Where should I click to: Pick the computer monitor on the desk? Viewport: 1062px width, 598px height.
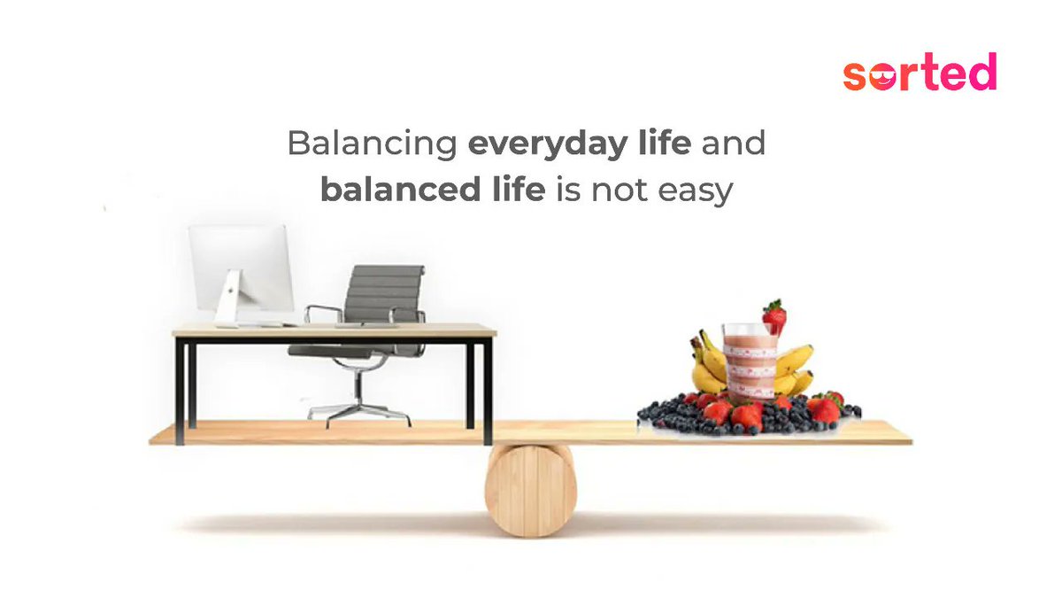tap(241, 266)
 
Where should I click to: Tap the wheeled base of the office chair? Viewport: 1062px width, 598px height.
tap(358, 409)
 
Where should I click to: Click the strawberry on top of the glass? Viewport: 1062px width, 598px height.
tap(774, 316)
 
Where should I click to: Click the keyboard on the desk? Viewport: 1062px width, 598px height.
tap(265, 324)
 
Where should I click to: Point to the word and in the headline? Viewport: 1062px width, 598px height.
tap(733, 144)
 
